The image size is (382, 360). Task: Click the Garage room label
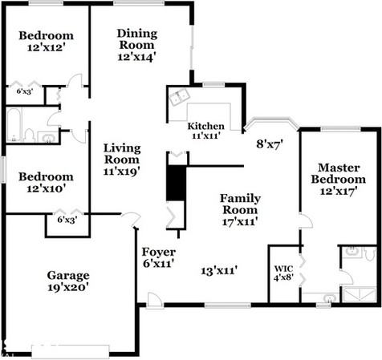coord(68,276)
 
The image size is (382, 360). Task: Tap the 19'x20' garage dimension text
coord(68,288)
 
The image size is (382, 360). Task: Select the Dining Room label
coord(137,39)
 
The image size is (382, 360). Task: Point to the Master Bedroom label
coord(339,173)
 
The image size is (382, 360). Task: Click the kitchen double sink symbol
coord(179,97)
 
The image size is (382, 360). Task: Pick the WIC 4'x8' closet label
coord(283,273)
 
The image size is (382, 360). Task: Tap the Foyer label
coord(159,252)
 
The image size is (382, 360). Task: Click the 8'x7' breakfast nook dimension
coord(270,144)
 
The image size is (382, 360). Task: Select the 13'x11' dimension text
coord(219,271)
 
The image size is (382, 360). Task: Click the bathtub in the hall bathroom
coord(14,125)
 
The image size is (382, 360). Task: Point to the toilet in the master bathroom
coord(371,254)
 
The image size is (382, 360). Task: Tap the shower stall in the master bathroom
coord(360,295)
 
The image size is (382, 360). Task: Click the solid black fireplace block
coord(176,183)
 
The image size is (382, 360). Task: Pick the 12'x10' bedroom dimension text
coord(47,188)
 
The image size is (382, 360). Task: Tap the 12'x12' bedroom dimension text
coord(47,47)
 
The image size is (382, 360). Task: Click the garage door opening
coord(71,352)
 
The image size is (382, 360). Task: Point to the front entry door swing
coord(155,301)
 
